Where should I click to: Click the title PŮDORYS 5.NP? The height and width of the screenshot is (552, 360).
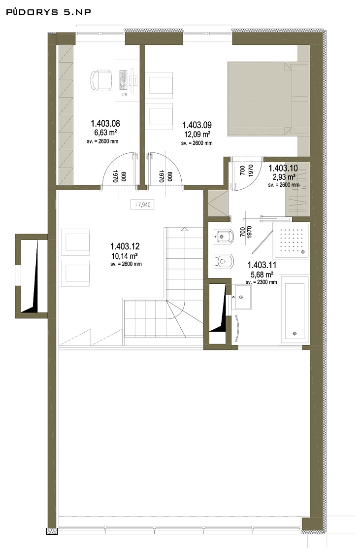pos(49,12)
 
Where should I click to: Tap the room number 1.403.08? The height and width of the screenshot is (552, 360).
pos(105,123)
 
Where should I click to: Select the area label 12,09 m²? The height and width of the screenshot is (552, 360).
pos(197,134)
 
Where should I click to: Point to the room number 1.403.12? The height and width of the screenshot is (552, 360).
pos(125,246)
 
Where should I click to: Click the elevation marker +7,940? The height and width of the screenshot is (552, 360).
pos(142,204)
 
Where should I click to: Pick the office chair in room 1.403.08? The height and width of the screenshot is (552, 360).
pos(101,81)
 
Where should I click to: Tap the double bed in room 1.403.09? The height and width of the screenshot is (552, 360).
pos(268,99)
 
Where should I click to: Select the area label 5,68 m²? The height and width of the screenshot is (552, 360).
pos(261,274)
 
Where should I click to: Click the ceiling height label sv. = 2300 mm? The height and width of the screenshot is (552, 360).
pos(261,282)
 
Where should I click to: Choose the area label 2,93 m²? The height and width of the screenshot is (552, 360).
pos(284,177)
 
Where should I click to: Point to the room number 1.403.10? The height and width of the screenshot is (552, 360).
pos(283,168)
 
